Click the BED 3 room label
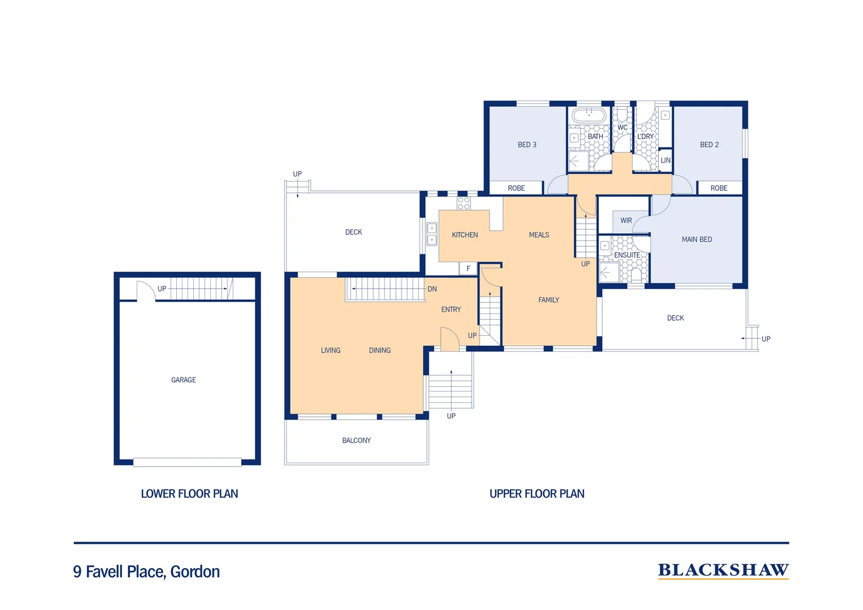pyautogui.click(x=527, y=145)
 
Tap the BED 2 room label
pyautogui.click(x=709, y=145)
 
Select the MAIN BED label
pyautogui.click(x=696, y=239)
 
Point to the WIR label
pyautogui.click(x=626, y=220)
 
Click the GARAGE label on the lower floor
pyautogui.click(x=184, y=380)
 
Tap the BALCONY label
pyautogui.click(x=356, y=441)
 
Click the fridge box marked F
pyautogui.click(x=468, y=269)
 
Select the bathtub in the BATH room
pyautogui.click(x=589, y=116)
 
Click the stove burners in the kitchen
pyautogui.click(x=464, y=203)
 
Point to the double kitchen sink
pyautogui.click(x=431, y=234)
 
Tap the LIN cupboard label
pyautogui.click(x=665, y=160)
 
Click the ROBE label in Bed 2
pyautogui.click(x=718, y=188)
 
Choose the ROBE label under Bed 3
pyautogui.click(x=516, y=188)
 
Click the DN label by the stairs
pyautogui.click(x=432, y=289)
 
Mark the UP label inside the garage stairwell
pyautogui.click(x=162, y=289)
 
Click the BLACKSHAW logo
pyautogui.click(x=723, y=570)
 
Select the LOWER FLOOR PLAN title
pyautogui.click(x=189, y=494)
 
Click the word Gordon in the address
pyautogui.click(x=195, y=572)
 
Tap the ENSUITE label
pyautogui.click(x=627, y=255)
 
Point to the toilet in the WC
pyautogui.click(x=622, y=115)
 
